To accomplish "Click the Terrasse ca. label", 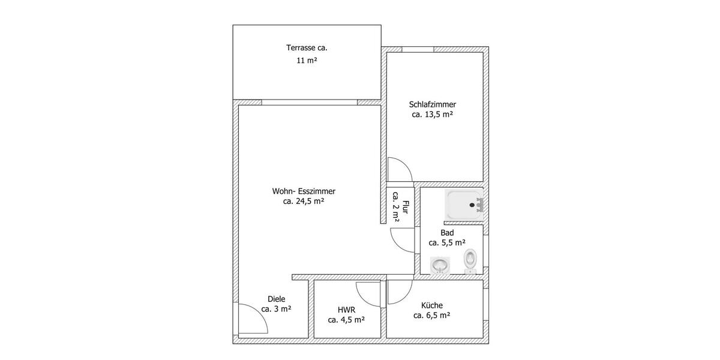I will [x=307, y=47].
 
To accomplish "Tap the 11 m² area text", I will [x=307, y=61].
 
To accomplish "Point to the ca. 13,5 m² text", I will [x=433, y=115].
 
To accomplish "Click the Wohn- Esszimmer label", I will [x=304, y=191].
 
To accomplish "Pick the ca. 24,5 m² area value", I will [x=304, y=202].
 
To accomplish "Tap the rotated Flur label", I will [x=405, y=208].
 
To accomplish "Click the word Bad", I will [x=447, y=233].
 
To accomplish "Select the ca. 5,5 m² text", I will [x=447, y=243].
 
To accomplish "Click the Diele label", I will [x=277, y=299].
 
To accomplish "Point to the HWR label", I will [x=346, y=310].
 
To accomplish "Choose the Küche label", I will [x=432, y=305].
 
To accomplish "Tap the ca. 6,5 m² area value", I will [x=432, y=315].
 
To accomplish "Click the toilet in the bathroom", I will [x=470, y=260].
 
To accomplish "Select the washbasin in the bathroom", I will [x=440, y=265].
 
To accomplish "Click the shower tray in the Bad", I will [x=463, y=204].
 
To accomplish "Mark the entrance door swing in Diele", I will [x=252, y=319].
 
